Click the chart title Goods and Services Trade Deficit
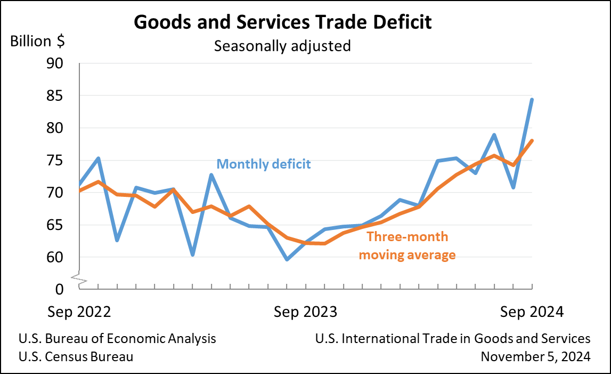tap(282, 22)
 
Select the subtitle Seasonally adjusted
tap(282, 46)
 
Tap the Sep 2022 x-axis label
tap(79, 312)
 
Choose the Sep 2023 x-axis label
tap(305, 312)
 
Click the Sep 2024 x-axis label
tap(532, 312)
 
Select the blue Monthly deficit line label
tap(264, 164)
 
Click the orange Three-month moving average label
tap(407, 245)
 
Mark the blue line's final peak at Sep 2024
tap(532, 99)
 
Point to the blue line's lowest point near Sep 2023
tap(287, 259)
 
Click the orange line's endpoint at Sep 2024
tap(532, 140)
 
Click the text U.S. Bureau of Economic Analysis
tap(117, 339)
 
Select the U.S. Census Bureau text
tap(76, 356)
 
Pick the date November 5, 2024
tap(535, 356)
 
